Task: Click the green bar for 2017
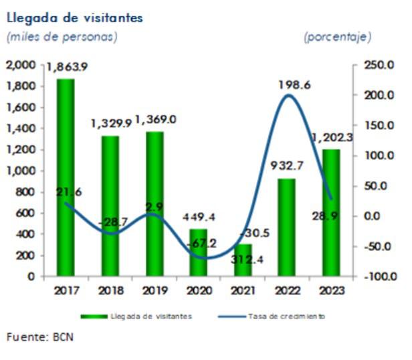[x=66, y=177]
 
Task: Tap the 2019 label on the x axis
[x=154, y=290]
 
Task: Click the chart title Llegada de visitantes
[x=75, y=18]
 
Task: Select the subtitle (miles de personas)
[x=62, y=37]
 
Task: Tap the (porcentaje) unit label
[x=338, y=37]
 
